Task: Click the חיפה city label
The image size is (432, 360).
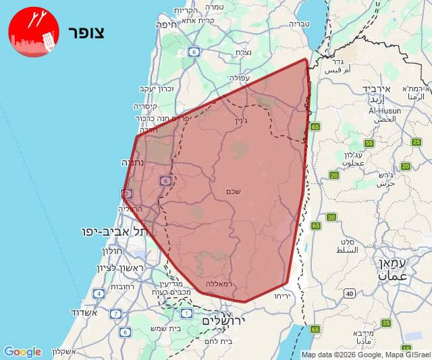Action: [x=165, y=25]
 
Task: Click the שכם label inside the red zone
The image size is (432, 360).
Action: [x=234, y=192]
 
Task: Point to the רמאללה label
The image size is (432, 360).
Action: [x=217, y=284]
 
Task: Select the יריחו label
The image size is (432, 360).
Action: [x=281, y=297]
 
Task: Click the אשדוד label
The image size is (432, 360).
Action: [x=84, y=313]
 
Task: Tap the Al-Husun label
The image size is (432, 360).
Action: [x=385, y=110]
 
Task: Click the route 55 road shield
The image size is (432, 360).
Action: [x=369, y=143]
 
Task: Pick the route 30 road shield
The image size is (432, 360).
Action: [x=331, y=217]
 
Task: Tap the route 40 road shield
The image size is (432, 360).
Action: [x=349, y=293]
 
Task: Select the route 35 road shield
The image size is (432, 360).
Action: [x=386, y=323]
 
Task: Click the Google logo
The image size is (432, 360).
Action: [x=22, y=352]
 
